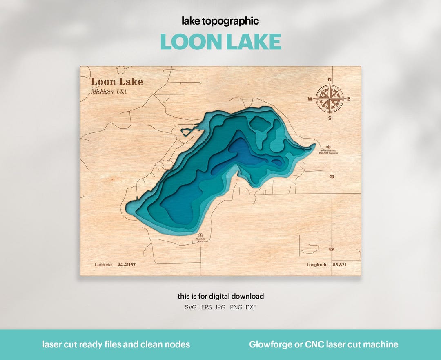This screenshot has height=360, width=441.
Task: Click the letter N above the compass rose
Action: [330, 80]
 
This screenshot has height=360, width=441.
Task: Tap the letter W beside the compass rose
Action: [310, 98]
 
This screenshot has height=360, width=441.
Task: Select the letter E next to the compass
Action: [349, 98]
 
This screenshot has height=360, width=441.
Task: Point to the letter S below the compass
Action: [330, 118]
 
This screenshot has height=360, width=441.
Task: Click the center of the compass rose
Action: [330, 98]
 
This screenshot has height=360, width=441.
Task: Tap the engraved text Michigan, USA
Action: [109, 92]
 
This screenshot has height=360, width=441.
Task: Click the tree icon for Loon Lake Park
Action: [329, 147]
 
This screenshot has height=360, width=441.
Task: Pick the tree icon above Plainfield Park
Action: [200, 235]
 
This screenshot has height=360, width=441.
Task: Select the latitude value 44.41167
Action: [126, 265]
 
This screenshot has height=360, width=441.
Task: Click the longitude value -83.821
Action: [339, 265]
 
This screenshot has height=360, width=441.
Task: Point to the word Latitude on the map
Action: [103, 265]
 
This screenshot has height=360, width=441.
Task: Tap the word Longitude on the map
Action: [317, 265]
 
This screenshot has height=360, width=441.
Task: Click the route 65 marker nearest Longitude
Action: [332, 249]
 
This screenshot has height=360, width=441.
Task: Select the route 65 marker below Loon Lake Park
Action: [332, 177]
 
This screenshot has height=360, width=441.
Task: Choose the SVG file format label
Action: [191, 307]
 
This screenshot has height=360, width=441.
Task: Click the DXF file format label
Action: [251, 307]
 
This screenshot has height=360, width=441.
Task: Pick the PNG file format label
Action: [236, 307]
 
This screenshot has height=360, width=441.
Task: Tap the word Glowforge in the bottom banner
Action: [269, 344]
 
